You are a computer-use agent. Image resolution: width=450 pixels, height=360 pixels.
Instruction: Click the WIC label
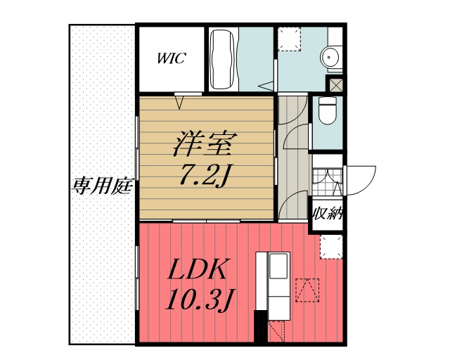(x=171, y=58)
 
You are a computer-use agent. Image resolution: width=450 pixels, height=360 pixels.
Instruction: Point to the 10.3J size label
(x=199, y=300)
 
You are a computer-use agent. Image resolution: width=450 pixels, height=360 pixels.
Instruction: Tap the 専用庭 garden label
(x=103, y=186)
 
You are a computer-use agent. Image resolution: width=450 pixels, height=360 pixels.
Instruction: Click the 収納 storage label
(x=327, y=213)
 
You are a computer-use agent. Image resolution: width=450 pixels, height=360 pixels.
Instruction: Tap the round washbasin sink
(x=330, y=56)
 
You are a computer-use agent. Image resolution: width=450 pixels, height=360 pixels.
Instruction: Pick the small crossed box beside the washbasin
(x=335, y=84)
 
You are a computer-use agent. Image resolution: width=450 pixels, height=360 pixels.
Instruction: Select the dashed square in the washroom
(x=289, y=39)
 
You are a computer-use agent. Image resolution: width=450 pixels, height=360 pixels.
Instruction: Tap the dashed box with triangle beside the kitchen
(x=307, y=290)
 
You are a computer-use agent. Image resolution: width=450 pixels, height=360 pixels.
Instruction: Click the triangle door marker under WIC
(x=181, y=103)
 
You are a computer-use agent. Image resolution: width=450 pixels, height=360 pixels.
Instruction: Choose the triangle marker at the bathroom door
(x=268, y=85)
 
